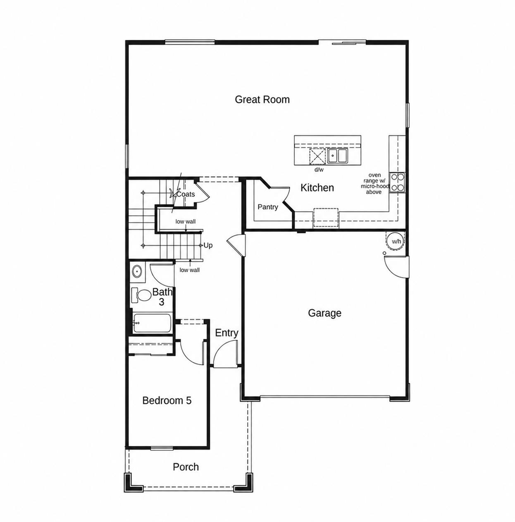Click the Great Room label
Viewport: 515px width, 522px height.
coord(262,100)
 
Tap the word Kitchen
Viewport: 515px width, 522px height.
coord(317,188)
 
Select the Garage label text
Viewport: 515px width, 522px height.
coord(324,313)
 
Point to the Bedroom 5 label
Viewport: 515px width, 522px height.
coord(167,400)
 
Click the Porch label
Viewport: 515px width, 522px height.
coord(186,467)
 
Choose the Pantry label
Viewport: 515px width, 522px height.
coord(268,207)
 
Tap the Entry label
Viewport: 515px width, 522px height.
coord(227,333)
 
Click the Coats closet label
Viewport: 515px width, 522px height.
coord(186,194)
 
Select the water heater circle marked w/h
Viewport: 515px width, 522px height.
coord(396,241)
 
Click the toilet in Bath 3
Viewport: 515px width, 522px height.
coord(141,295)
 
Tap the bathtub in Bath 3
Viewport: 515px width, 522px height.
coord(152,323)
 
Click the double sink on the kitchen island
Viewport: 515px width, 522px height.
coord(337,156)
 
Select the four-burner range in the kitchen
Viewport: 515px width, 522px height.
coord(397,182)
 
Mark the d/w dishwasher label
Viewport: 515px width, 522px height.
coord(319,170)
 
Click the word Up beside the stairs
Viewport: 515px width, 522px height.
coord(208,245)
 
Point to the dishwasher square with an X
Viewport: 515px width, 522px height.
coord(317,156)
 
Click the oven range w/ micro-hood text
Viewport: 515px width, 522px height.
coord(375,183)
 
